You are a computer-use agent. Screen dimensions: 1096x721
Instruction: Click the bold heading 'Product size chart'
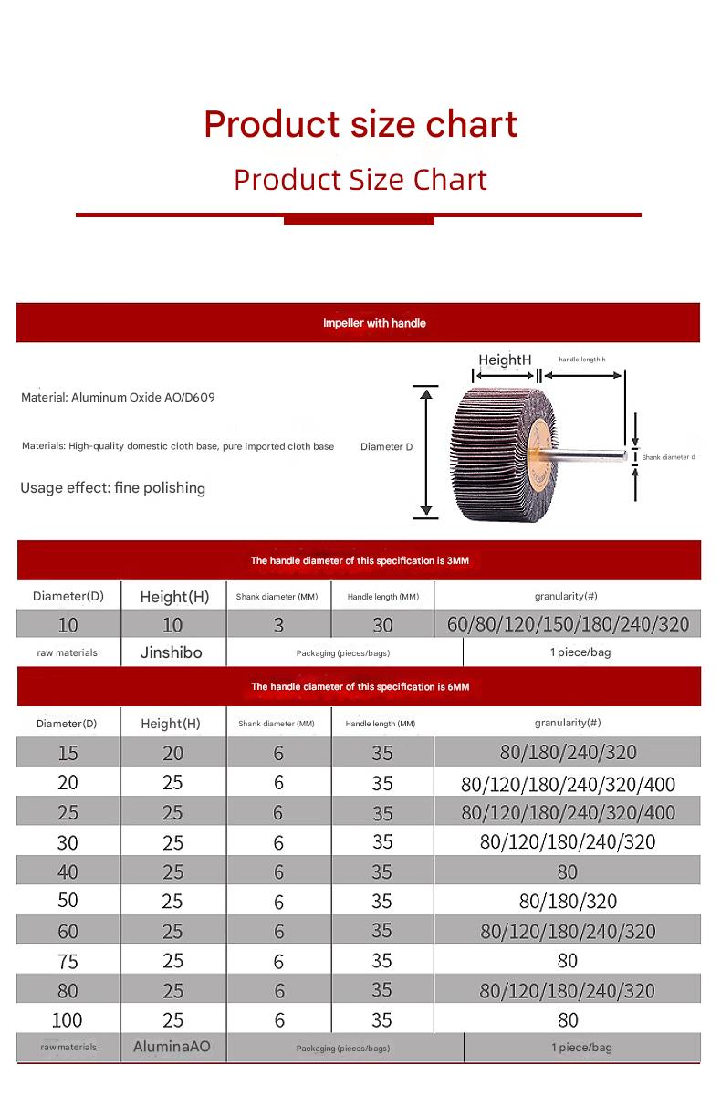click(x=360, y=123)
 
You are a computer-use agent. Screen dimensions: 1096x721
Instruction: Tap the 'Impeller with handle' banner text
click(x=374, y=323)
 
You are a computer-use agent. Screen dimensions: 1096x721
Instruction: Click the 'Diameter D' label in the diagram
click(x=386, y=446)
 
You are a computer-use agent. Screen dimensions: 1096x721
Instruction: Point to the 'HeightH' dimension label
click(x=505, y=360)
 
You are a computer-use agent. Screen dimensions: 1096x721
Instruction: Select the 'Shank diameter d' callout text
click(x=668, y=456)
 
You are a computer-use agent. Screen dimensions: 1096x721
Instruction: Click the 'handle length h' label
click(x=582, y=360)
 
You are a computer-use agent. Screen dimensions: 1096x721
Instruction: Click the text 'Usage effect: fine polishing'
click(x=113, y=487)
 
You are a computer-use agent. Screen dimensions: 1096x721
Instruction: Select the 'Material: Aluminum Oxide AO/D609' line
click(x=119, y=398)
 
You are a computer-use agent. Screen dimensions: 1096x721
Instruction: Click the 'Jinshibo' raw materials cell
click(x=172, y=652)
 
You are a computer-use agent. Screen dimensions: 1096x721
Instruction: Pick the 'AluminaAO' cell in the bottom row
click(x=172, y=1047)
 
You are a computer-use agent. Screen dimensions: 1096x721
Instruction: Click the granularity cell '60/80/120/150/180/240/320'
click(x=568, y=624)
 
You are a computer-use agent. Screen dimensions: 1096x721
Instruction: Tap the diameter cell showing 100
click(x=68, y=1019)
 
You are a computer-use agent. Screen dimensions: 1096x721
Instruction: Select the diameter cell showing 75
click(x=68, y=960)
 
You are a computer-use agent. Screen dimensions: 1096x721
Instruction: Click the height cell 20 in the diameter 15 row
click(x=172, y=753)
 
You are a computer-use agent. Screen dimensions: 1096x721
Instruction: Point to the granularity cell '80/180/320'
click(x=568, y=901)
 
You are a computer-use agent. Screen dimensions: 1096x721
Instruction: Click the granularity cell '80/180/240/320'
click(x=568, y=753)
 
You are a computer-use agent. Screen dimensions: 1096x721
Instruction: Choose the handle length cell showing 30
click(x=382, y=624)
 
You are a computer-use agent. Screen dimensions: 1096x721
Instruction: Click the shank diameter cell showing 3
click(x=278, y=624)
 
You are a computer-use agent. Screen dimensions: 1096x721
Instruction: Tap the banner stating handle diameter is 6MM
click(x=360, y=686)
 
